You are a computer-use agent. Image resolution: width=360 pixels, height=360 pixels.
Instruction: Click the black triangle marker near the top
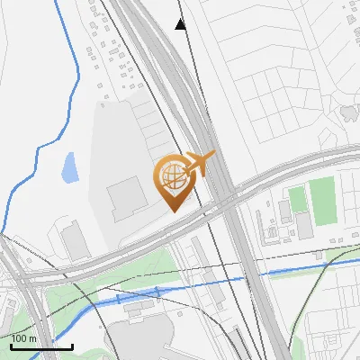pyautogui.click(x=181, y=24)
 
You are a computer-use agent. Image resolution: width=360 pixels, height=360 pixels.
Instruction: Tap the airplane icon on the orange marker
pyautogui.click(x=201, y=163)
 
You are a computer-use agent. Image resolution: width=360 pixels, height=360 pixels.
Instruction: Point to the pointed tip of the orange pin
pyautogui.click(x=171, y=211)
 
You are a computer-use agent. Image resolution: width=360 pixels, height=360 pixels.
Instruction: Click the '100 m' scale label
pyautogui.click(x=23, y=337)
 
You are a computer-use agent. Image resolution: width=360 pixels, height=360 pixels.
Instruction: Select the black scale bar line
pyautogui.click(x=41, y=346)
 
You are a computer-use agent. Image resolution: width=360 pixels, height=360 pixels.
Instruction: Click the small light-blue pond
pyautogui.click(x=69, y=166)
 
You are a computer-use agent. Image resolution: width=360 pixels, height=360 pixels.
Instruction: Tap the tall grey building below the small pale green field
pyautogui.click(x=305, y=226)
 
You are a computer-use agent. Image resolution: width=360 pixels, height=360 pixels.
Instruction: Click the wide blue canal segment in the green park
pyautogui.click(x=135, y=296)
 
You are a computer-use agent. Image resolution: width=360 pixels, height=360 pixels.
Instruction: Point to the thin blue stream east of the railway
pyautogui.click(x=297, y=270)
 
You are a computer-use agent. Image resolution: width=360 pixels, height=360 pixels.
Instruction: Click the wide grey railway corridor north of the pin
pyautogui.click(x=157, y=54)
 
